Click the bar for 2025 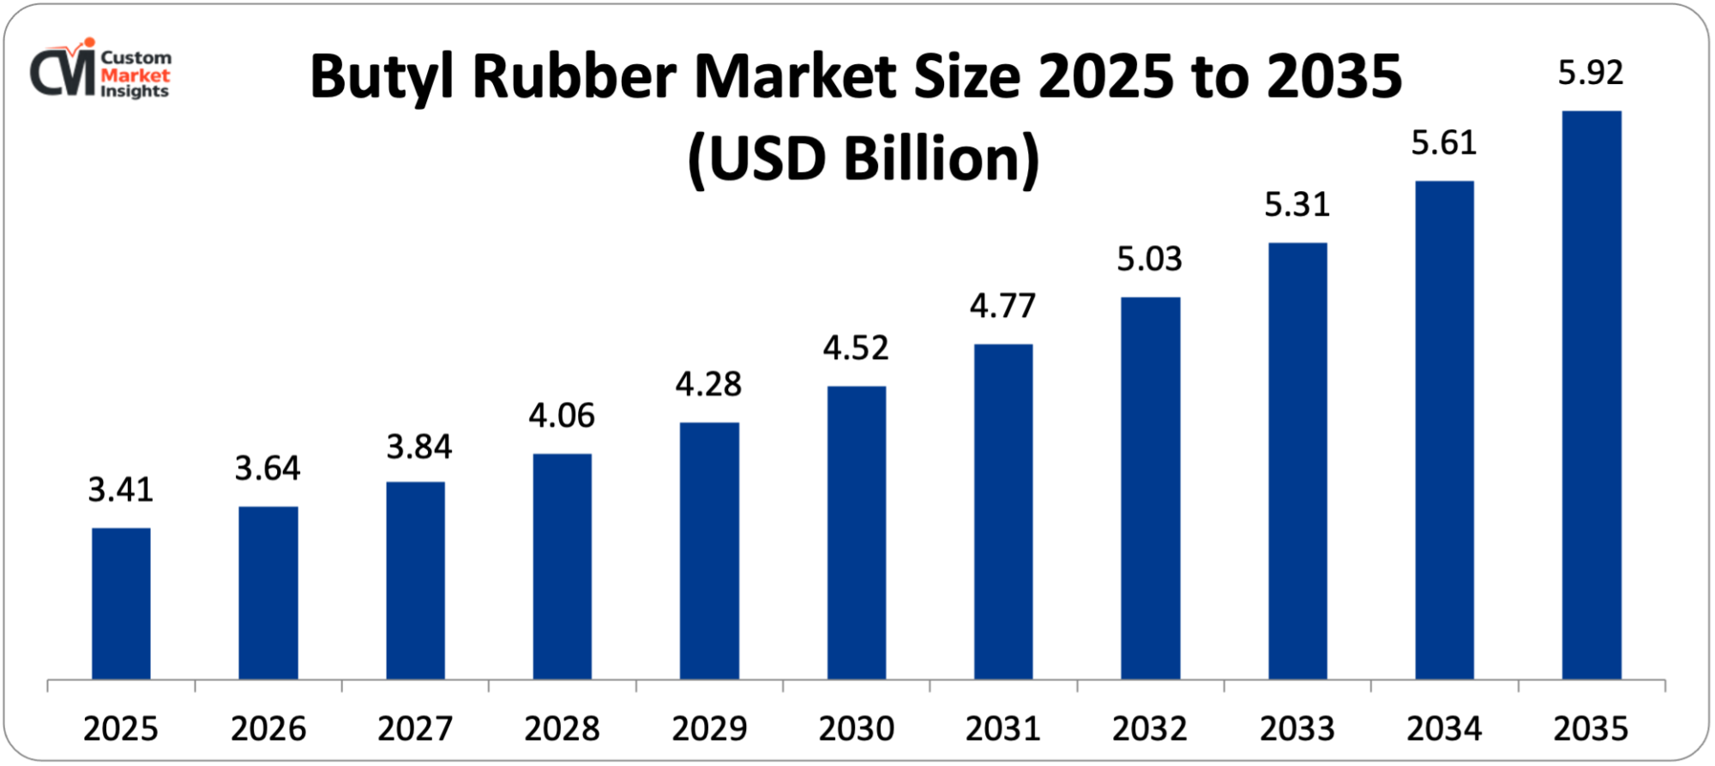pyautogui.click(x=121, y=603)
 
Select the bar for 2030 pyautogui.click(x=856, y=532)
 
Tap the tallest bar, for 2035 pyautogui.click(x=1592, y=395)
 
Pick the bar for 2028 pyautogui.click(x=562, y=566)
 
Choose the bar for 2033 pyautogui.click(x=1297, y=461)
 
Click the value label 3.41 pyautogui.click(x=121, y=490)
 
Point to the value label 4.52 pyautogui.click(x=856, y=348)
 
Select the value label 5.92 pyautogui.click(x=1591, y=73)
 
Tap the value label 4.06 pyautogui.click(x=562, y=416)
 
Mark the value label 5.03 pyautogui.click(x=1150, y=259)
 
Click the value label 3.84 pyautogui.click(x=418, y=446)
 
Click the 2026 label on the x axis pyautogui.click(x=268, y=729)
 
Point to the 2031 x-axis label pyautogui.click(x=1003, y=729)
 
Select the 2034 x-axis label pyautogui.click(x=1444, y=729)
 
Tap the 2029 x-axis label pyautogui.click(x=709, y=729)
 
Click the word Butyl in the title pyautogui.click(x=383, y=77)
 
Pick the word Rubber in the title pyautogui.click(x=575, y=77)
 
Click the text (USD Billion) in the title pyautogui.click(x=864, y=159)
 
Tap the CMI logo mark pyautogui.click(x=63, y=71)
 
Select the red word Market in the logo pyautogui.click(x=135, y=75)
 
